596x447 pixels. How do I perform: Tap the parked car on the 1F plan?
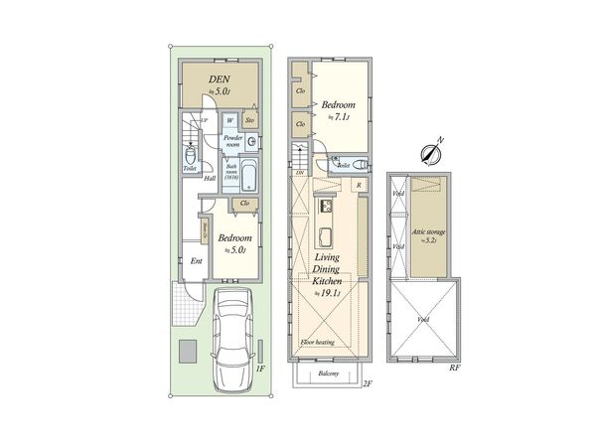(x=231, y=332)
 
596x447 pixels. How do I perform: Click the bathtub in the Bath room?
(x=249, y=178)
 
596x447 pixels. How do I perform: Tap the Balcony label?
(x=329, y=373)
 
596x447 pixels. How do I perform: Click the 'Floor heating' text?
(x=318, y=343)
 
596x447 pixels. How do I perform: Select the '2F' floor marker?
(x=366, y=383)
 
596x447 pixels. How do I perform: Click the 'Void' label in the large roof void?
(x=423, y=320)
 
